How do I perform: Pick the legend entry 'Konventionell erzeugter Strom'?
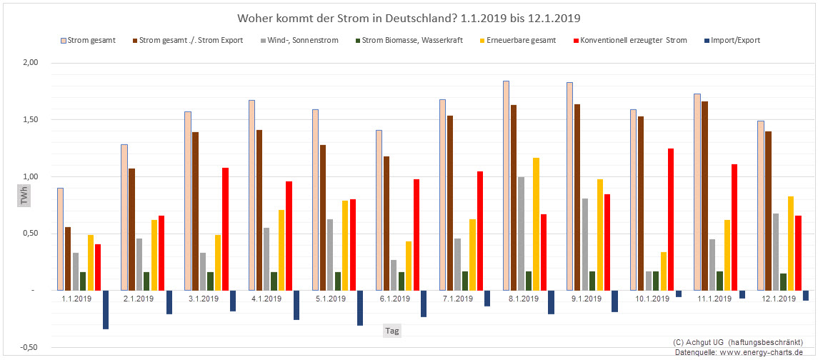pos(634,40)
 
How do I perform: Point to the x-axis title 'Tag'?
pos(392,331)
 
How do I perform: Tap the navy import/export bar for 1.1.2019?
pos(106,309)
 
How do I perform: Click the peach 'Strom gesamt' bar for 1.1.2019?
pos(61,239)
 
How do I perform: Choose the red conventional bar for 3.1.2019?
pos(226,229)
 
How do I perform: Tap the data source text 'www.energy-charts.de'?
pos(768,353)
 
